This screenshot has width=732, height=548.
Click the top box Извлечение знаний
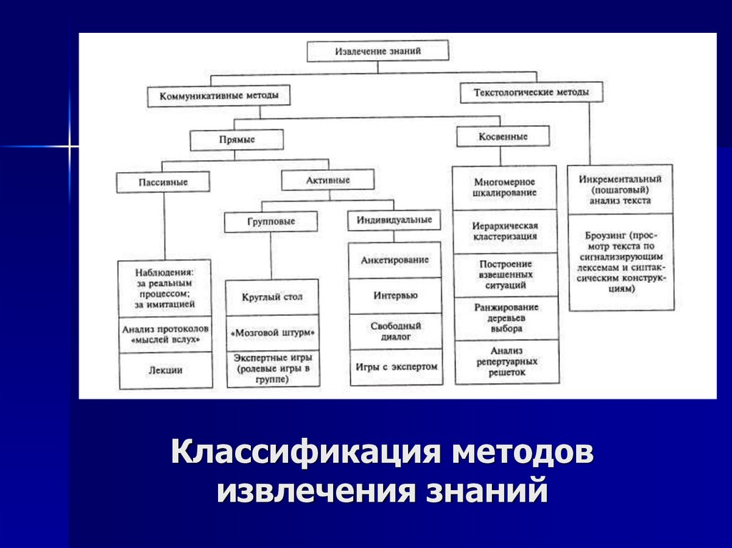pyautogui.click(x=378, y=51)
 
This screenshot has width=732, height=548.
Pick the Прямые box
pyautogui.click(x=237, y=139)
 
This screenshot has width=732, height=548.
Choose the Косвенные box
pyautogui.click(x=503, y=136)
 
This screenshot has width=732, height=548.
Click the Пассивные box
pyautogui.click(x=163, y=182)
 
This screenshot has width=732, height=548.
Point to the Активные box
pyautogui.click(x=327, y=180)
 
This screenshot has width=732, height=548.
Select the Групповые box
pyautogui.click(x=270, y=222)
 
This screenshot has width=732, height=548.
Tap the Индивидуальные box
pyautogui.click(x=394, y=220)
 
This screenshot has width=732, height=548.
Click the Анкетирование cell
pyautogui.click(x=394, y=260)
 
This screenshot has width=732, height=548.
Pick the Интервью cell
pyautogui.click(x=394, y=295)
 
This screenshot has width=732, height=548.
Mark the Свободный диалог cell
pyautogui.click(x=394, y=331)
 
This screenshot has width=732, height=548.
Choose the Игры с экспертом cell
pyautogui.click(x=394, y=367)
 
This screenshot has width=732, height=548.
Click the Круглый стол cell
pyautogui.click(x=272, y=297)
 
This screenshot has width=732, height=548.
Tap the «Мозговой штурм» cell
pyautogui.click(x=272, y=334)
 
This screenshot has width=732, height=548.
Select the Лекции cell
pyautogui.click(x=165, y=370)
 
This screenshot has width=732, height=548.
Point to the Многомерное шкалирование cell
pyautogui.click(x=505, y=188)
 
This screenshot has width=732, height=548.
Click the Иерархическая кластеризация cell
pyautogui.click(x=505, y=231)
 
